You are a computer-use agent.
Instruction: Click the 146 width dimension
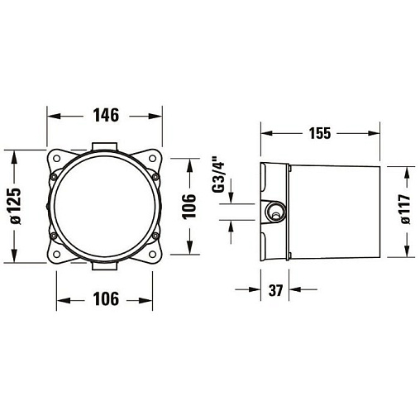click(106, 115)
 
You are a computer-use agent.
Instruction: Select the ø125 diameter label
click(15, 206)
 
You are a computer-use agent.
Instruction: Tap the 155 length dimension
click(320, 133)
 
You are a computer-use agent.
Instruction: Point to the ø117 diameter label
click(404, 209)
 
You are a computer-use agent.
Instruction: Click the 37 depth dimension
click(275, 290)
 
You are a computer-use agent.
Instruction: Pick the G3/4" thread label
click(217, 174)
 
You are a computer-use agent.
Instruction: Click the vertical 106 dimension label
click(189, 207)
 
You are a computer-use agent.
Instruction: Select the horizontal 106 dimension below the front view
click(106, 298)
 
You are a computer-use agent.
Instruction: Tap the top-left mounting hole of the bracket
click(57, 159)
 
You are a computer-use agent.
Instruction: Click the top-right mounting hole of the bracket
click(152, 158)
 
